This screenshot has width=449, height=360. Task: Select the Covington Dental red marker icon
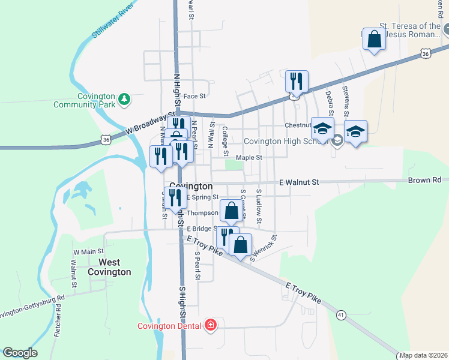click(x=211, y=326)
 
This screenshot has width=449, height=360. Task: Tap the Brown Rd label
click(x=424, y=180)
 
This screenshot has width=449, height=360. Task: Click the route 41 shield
click(x=341, y=314)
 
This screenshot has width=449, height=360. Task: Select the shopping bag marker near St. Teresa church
click(x=374, y=40)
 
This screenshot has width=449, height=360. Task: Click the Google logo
click(x=20, y=353)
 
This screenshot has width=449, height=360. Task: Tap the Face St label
click(x=194, y=96)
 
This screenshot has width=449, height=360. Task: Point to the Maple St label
click(x=249, y=157)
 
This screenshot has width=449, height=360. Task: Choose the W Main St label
click(x=88, y=251)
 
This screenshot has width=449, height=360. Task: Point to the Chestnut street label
click(x=297, y=125)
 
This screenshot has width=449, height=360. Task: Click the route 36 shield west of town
click(x=106, y=139)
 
